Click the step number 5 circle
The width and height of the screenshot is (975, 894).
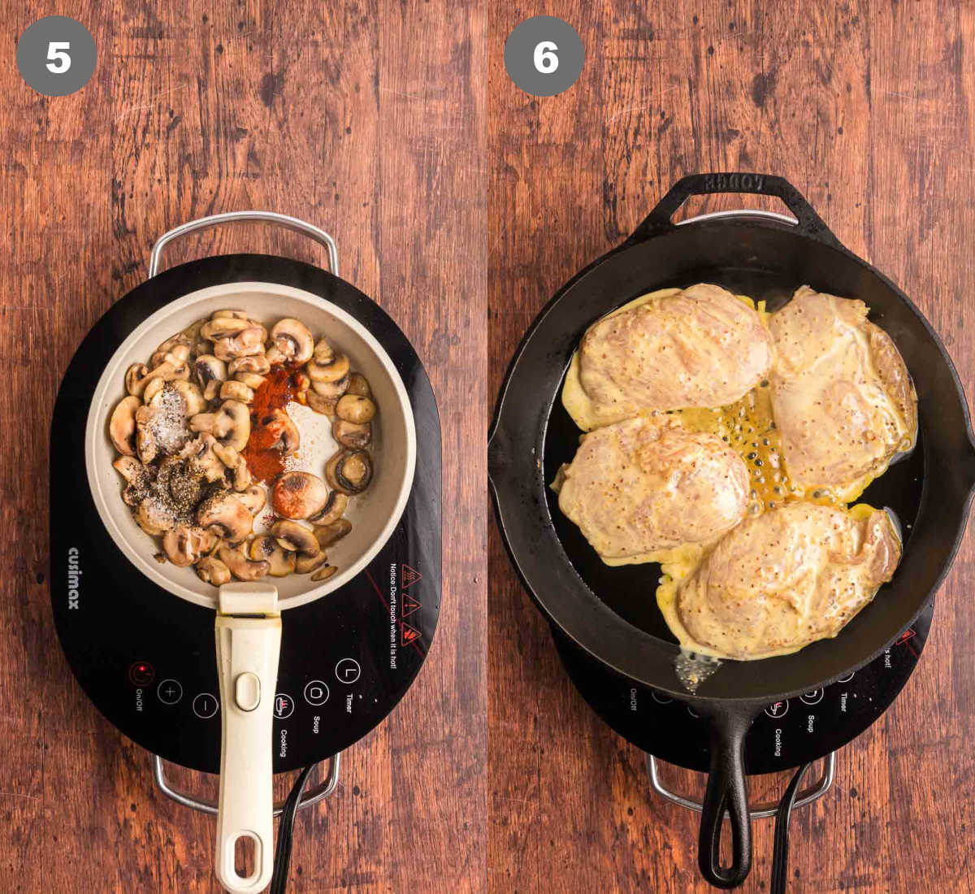click(57, 56)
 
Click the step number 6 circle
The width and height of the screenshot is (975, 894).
click(544, 56)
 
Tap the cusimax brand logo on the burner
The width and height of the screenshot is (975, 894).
click(74, 578)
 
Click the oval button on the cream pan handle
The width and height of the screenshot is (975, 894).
click(247, 691)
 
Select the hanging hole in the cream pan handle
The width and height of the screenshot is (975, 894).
click(245, 854)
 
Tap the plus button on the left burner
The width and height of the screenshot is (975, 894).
click(169, 692)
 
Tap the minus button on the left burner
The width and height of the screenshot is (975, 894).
click(205, 705)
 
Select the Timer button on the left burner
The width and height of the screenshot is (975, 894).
click(348, 671)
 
